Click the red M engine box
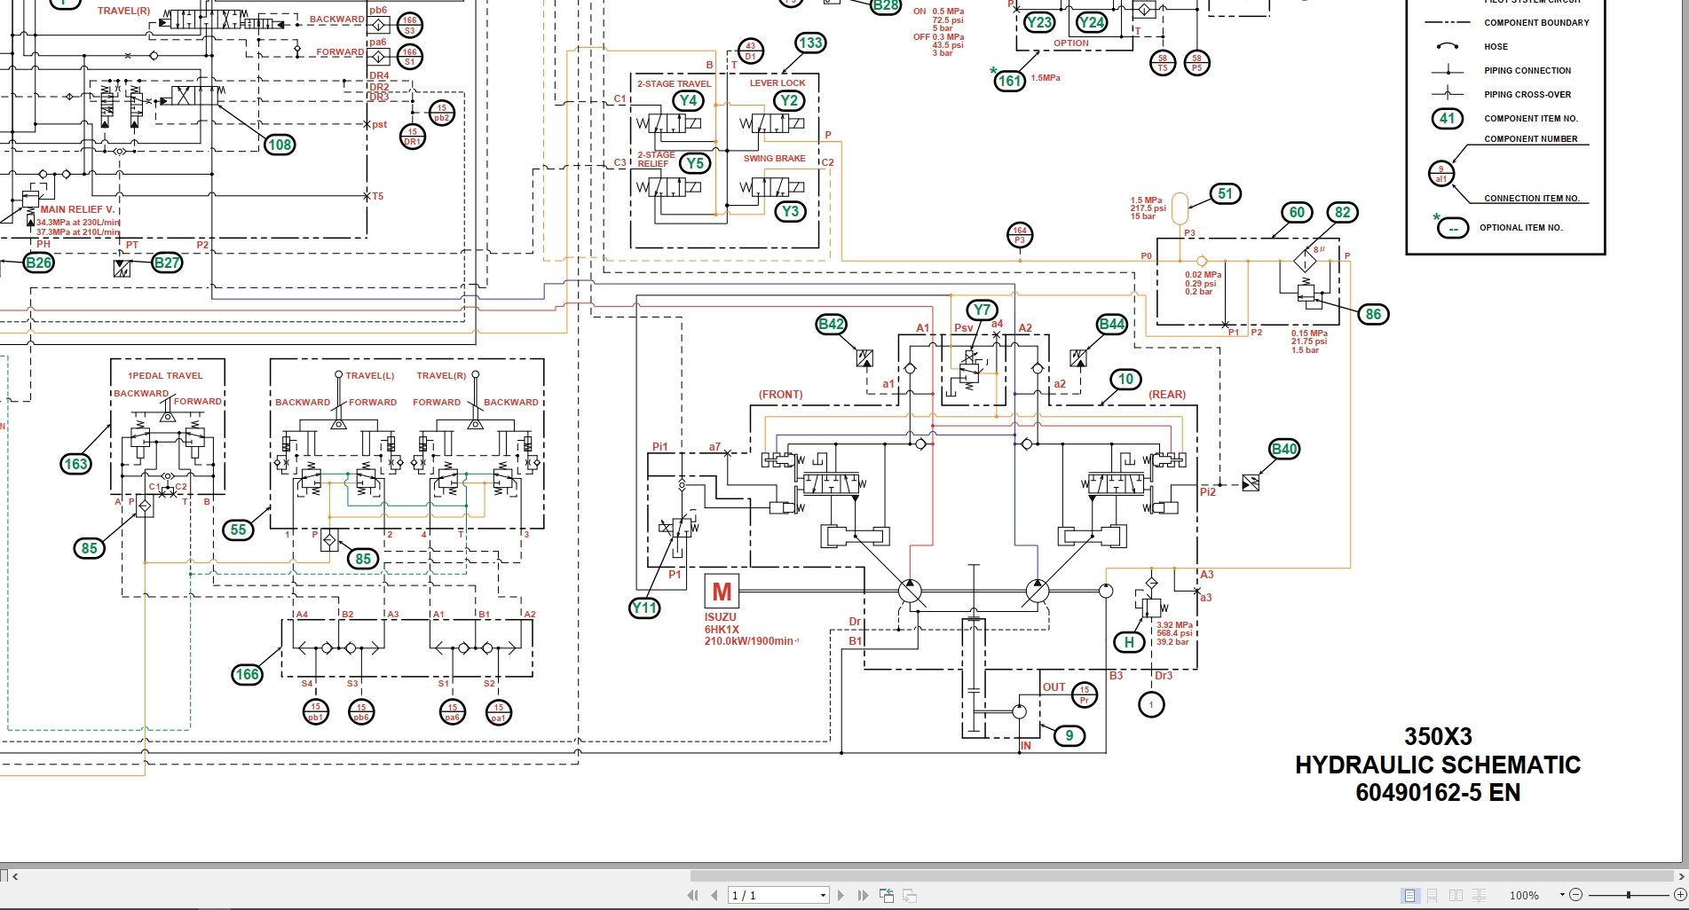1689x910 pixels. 722,592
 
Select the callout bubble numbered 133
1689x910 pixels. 810,43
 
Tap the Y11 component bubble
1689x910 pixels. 644,608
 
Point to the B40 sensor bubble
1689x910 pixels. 1284,449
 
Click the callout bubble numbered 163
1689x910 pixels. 76,464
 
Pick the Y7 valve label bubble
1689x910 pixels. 982,310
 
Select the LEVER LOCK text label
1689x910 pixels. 777,83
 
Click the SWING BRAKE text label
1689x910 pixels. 774,159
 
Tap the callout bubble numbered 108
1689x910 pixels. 280,145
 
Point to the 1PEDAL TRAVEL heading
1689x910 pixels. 165,376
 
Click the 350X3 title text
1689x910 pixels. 1438,737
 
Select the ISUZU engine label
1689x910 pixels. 721,617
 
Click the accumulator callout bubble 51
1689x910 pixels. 1225,194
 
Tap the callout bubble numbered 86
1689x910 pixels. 1373,314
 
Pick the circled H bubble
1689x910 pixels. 1129,643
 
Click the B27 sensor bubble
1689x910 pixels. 167,263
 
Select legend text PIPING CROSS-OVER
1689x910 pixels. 1527,95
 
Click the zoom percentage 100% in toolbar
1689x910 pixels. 1524,896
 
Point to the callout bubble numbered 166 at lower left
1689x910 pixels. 247,675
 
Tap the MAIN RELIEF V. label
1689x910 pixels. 77,210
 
